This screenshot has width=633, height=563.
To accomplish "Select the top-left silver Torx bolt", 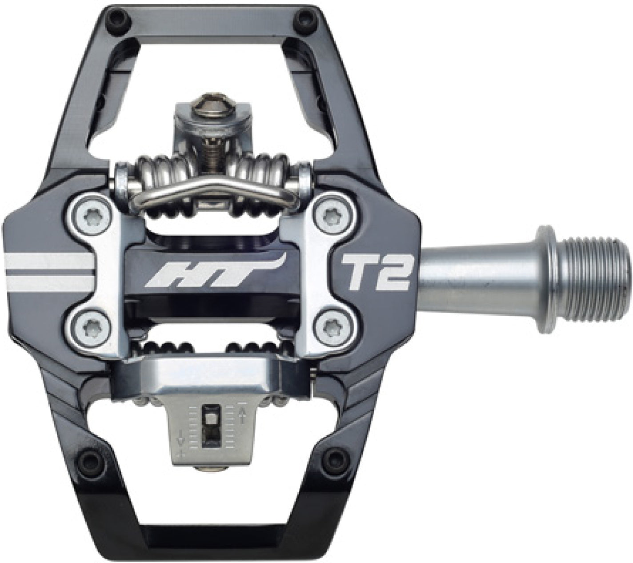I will click(92, 218).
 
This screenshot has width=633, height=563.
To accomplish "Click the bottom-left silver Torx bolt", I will click(92, 326).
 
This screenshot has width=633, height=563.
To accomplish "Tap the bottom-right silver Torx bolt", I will click(331, 328).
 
